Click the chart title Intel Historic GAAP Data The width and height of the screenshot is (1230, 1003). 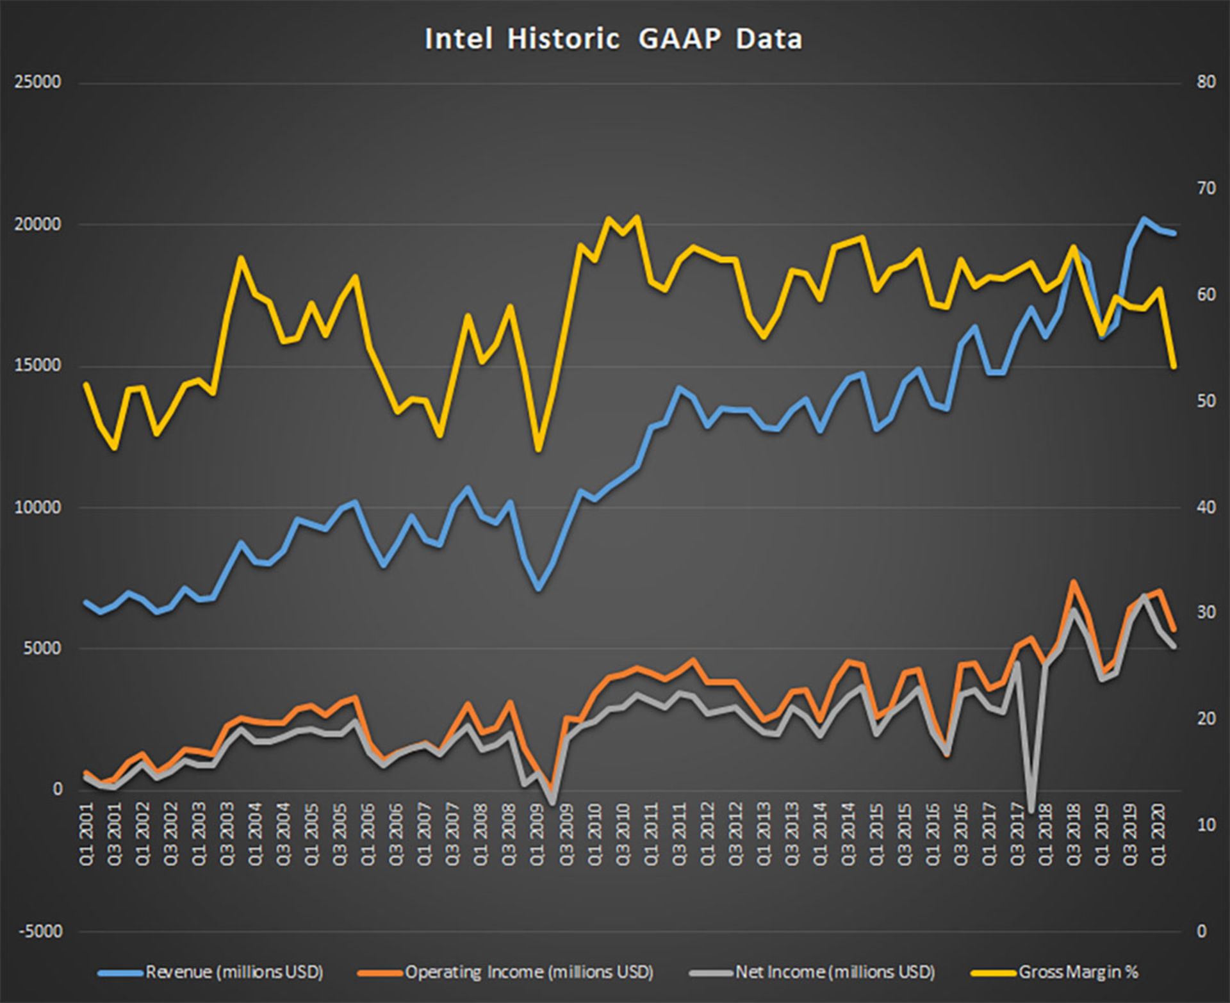click(613, 39)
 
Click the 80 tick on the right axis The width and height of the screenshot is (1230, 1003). click(1206, 83)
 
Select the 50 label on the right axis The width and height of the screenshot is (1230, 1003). click(1206, 401)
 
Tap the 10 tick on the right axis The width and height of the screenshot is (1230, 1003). click(1206, 825)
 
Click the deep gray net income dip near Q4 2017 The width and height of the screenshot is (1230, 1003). click(1031, 811)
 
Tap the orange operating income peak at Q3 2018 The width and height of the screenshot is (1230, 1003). click(1074, 582)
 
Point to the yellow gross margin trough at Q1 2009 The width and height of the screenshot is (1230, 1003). click(538, 450)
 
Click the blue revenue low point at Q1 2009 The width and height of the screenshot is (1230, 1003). click(538, 589)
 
